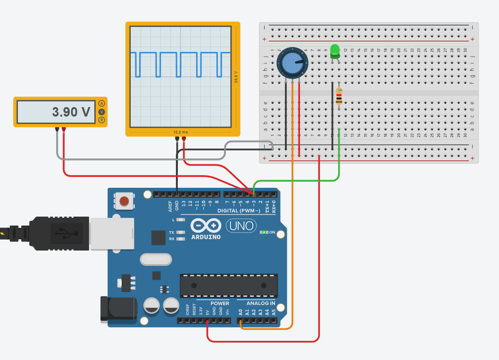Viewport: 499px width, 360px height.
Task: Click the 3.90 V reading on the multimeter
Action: click(x=71, y=112)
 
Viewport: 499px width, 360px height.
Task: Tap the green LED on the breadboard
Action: click(x=335, y=50)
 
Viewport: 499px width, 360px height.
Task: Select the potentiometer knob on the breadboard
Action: click(x=292, y=63)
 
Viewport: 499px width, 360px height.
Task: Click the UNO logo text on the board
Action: click(x=241, y=226)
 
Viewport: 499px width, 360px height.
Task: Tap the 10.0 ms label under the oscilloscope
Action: click(x=181, y=132)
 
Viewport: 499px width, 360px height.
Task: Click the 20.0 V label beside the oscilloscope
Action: click(x=235, y=76)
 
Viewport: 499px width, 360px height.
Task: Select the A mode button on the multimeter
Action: click(x=101, y=104)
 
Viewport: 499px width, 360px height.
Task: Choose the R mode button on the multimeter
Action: click(x=101, y=120)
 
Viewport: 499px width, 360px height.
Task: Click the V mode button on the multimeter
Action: click(x=101, y=112)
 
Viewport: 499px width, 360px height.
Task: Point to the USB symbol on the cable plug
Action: click(x=62, y=233)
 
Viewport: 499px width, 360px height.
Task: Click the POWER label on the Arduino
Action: click(x=220, y=303)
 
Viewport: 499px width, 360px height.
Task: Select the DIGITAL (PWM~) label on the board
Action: click(x=239, y=211)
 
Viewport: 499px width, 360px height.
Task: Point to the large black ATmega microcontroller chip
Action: click(x=228, y=285)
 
